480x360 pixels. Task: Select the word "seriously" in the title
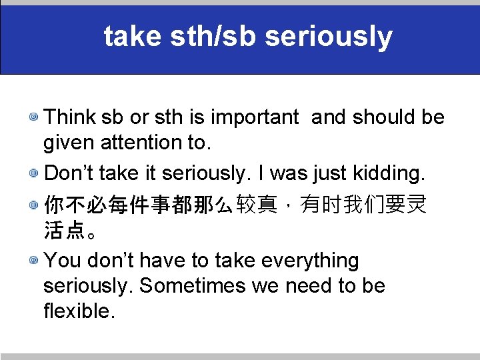tap(329, 38)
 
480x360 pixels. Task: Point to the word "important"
tap(255, 117)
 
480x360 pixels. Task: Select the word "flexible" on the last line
tap(79, 310)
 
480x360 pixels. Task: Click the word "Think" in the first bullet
tap(71, 117)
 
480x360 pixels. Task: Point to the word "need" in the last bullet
tap(309, 285)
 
